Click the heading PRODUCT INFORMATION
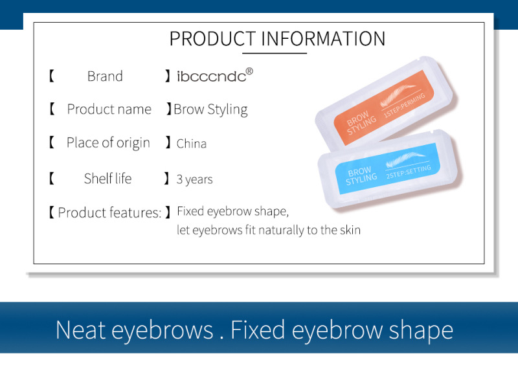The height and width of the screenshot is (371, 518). point(277,38)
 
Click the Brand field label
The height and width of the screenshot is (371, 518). point(105,76)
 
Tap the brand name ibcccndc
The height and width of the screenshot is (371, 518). point(211,76)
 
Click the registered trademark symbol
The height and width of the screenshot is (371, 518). point(249,71)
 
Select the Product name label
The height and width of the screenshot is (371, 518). point(109,109)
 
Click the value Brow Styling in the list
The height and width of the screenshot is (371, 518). point(210,109)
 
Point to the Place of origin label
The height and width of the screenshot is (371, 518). point(108,143)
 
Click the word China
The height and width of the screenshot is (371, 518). point(192,144)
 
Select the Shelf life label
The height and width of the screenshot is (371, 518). point(107,179)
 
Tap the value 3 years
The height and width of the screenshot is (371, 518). point(194,179)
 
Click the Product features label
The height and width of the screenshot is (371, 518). point(109,212)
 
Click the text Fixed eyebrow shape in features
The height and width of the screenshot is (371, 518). point(232,212)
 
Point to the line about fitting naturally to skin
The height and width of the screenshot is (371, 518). point(268,230)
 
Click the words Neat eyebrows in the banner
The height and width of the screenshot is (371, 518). point(133,330)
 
